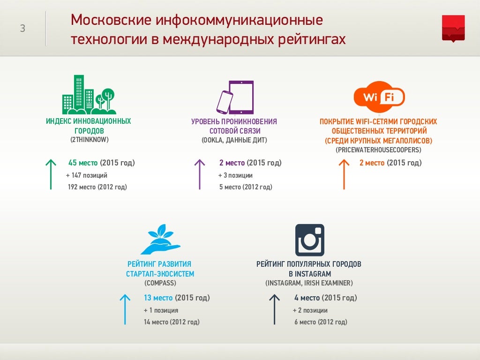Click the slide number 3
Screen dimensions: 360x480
[x=22, y=29]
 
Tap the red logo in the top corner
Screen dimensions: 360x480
[x=453, y=28]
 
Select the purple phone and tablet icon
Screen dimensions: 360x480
[x=235, y=97]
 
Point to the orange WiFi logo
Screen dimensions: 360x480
[x=379, y=97]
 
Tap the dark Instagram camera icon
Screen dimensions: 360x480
[x=309, y=240]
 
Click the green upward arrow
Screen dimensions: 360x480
[x=50, y=174]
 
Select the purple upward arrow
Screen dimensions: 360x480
[x=200, y=174]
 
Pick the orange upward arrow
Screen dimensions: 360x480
[x=344, y=174]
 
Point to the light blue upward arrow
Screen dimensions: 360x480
[x=125, y=309]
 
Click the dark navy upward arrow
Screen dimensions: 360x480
[x=274, y=309]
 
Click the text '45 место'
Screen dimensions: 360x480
[x=83, y=163]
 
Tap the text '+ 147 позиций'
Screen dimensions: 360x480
[x=87, y=175]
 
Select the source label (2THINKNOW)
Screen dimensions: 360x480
[x=89, y=140]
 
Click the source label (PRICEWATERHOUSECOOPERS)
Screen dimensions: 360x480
[x=378, y=150]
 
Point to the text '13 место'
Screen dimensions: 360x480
[x=158, y=298]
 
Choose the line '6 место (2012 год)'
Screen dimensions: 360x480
[x=321, y=322]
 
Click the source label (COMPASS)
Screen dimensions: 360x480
[x=160, y=283]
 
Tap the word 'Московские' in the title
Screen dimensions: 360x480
[x=111, y=20]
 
